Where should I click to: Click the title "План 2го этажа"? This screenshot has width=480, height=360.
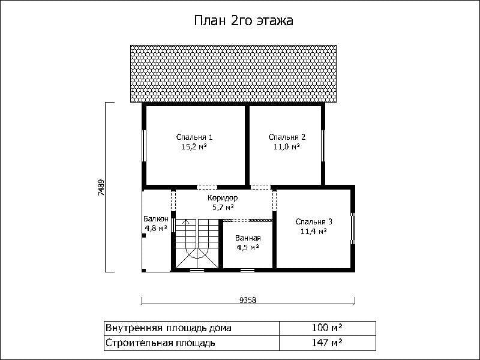pos(244,21)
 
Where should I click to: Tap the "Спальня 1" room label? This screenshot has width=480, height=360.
pos(194,137)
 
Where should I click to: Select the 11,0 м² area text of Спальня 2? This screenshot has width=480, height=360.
pos(287,147)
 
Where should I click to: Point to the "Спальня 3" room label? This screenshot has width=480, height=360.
pos(314,221)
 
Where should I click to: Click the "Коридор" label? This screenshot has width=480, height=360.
pos(223,198)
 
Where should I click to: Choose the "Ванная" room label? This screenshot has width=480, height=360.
pos(248,238)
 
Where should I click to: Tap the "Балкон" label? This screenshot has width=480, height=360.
pos(156,219)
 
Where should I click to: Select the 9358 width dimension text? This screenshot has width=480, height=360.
pos(248,300)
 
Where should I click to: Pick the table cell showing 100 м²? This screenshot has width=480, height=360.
pos(327,328)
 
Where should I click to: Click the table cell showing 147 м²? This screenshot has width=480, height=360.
pos(327,343)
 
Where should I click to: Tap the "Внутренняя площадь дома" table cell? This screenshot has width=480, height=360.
pos(191,328)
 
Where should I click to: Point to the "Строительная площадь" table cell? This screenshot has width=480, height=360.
pos(191,343)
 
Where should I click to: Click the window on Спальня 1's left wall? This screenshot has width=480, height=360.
pos(144,146)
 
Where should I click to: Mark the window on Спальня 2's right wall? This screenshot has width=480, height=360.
pos(323,146)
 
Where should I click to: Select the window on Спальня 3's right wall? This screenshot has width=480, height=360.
pos(353,229)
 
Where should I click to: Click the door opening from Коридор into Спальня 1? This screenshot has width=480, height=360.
pos(207,187)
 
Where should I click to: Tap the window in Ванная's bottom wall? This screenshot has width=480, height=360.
pos(247,270)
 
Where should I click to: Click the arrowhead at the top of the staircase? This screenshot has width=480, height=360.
pos(186,221)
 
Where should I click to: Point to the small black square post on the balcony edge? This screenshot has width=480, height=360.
pos(143,235)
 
